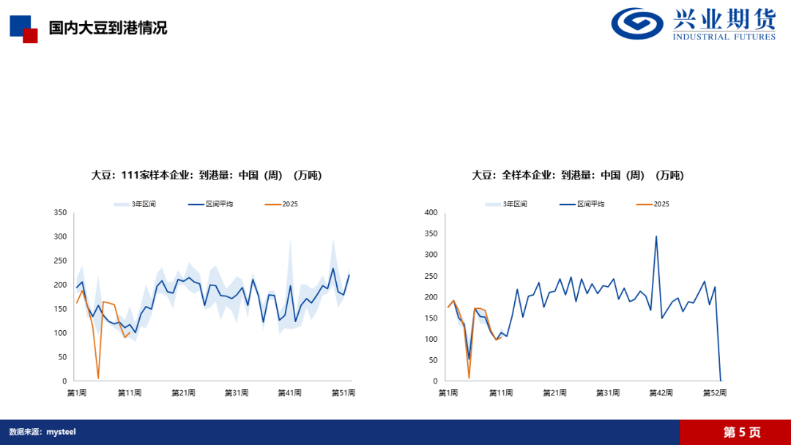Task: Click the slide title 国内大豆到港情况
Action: (x=108, y=28)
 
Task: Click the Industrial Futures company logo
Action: (x=693, y=25)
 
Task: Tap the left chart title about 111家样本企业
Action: (x=206, y=175)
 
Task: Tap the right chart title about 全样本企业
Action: (x=577, y=175)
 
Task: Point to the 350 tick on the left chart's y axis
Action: (x=60, y=213)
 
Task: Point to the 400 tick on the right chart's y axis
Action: (x=431, y=213)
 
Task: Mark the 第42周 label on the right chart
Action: (x=661, y=393)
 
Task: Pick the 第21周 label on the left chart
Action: (x=183, y=393)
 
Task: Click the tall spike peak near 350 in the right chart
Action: (x=656, y=236)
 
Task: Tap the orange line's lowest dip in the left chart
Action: (x=98, y=378)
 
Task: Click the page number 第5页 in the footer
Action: (x=742, y=433)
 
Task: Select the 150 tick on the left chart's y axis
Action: (x=60, y=309)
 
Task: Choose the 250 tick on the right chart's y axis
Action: (x=431, y=276)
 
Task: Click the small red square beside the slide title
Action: (x=30, y=36)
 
